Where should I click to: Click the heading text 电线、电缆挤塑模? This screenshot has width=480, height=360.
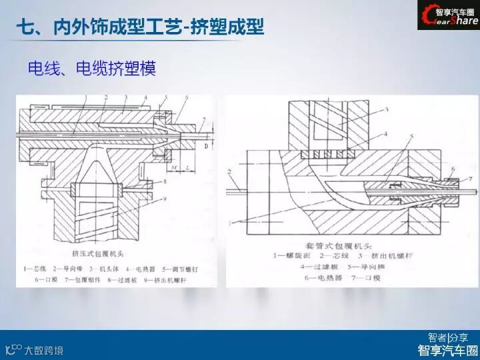92,68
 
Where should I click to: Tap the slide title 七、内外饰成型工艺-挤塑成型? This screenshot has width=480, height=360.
140,27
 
